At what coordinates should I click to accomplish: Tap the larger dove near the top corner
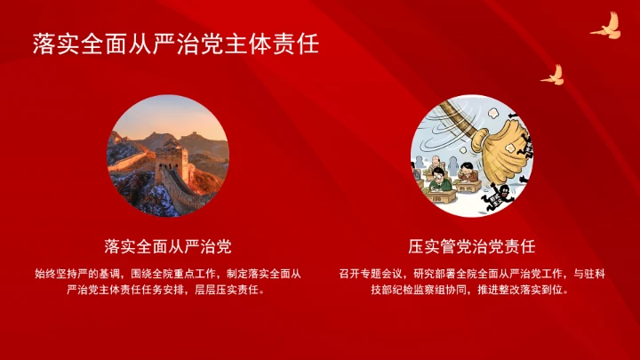coord(606,26)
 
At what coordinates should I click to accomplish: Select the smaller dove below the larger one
coord(553,75)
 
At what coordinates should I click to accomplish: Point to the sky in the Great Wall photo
coord(169,114)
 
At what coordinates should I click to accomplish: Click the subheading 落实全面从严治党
coord(168,244)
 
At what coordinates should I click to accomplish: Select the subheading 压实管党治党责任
coord(471,244)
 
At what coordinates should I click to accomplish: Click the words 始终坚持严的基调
coord(75,273)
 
